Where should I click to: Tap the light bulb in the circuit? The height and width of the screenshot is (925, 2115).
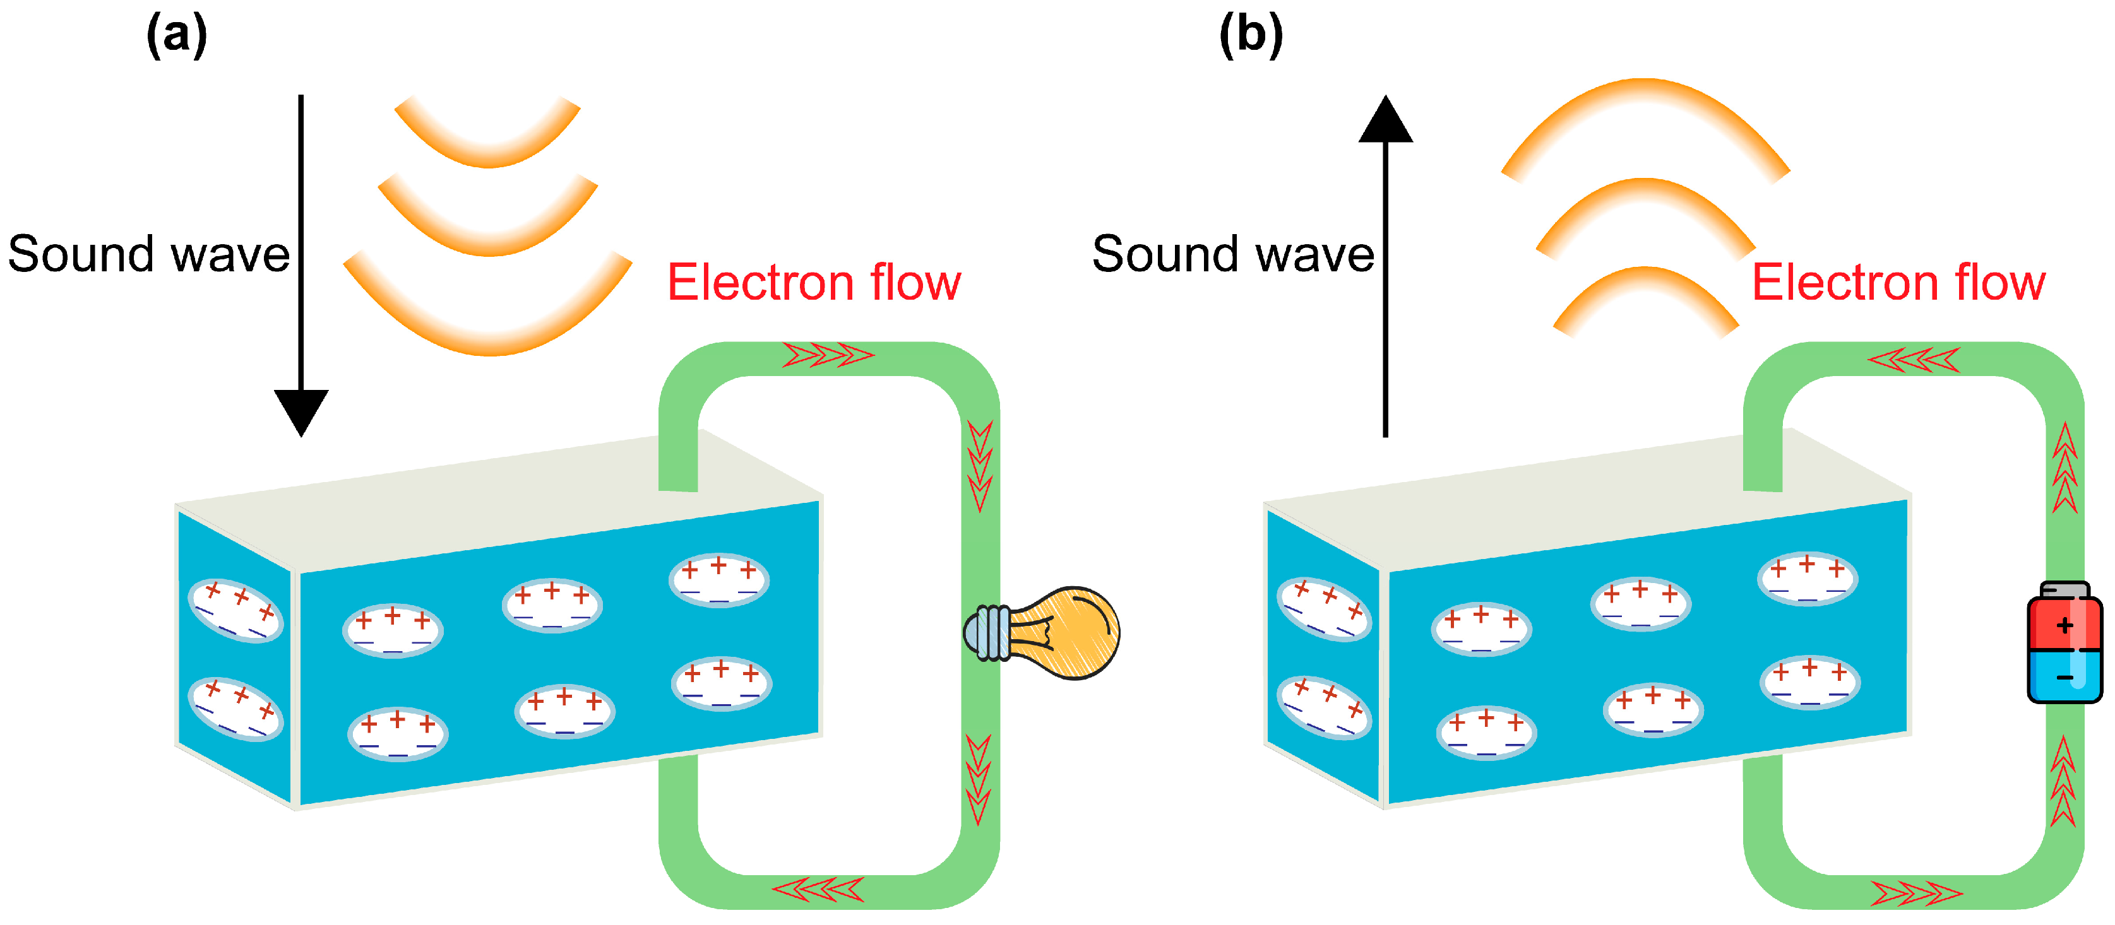pos(1041,633)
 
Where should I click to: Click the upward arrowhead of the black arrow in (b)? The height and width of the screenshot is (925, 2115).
pos(1386,119)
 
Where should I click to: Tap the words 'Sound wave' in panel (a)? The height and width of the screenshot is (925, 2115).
pos(148,254)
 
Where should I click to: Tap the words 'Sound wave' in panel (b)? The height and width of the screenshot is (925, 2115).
pos(1233,254)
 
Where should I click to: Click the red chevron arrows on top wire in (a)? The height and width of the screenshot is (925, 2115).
pos(828,355)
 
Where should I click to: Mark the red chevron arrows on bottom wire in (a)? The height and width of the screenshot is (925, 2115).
pos(818,890)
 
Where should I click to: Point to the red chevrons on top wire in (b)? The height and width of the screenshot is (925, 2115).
pos(1913,360)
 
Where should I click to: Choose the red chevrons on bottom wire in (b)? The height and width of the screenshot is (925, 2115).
pos(1916,893)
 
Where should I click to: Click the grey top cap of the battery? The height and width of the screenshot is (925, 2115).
pos(2064,590)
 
